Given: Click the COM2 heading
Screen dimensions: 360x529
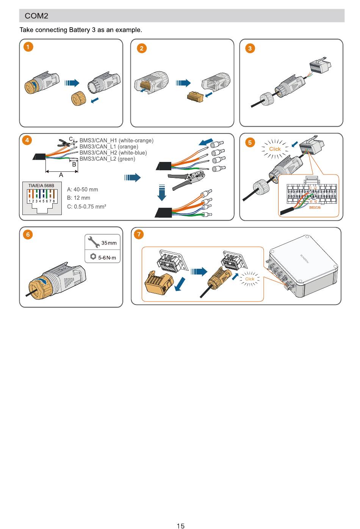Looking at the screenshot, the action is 36,16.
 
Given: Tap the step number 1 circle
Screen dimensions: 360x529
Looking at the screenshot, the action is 28,47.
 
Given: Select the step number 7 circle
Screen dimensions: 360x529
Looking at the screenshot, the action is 139,234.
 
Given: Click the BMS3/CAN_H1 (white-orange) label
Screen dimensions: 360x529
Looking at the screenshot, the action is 116,141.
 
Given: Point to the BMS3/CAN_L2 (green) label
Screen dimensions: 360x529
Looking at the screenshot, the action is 107,159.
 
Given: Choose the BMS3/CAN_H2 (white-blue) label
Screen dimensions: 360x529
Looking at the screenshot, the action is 113,153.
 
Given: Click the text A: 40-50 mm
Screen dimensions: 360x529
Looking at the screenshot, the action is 83,190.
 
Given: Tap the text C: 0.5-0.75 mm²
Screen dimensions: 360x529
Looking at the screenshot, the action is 86,207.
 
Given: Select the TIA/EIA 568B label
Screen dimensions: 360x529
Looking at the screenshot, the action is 41,185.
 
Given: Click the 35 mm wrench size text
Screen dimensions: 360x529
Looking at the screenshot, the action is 109,243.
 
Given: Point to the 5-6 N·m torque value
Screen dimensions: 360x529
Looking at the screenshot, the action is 107,258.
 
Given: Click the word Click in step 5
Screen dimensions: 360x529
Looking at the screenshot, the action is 275,149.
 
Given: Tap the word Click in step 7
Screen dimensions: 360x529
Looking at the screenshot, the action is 250,279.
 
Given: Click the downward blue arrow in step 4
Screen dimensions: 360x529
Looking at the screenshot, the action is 162,192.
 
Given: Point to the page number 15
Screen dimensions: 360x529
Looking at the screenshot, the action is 180,526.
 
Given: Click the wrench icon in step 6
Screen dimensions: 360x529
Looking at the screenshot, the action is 93,241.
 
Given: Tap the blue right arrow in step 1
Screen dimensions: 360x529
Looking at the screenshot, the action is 72,83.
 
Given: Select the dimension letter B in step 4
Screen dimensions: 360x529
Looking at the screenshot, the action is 74,164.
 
